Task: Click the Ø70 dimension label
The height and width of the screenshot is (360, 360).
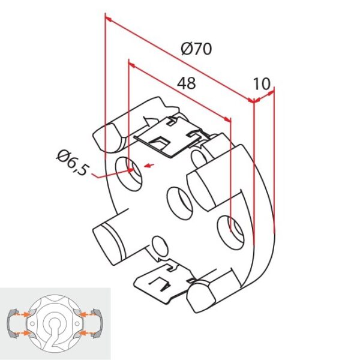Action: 196,49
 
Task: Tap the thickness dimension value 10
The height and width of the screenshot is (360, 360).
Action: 262,83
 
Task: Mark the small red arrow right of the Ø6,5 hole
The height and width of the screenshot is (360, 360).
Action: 150,165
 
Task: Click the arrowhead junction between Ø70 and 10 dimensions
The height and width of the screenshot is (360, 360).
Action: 254,102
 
